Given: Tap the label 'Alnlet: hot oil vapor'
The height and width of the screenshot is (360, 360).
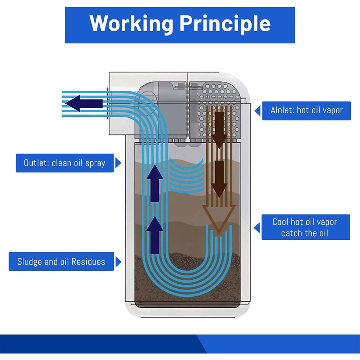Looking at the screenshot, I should tap(306, 111).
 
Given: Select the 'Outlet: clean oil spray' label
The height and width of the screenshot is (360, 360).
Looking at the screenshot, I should tap(64, 163).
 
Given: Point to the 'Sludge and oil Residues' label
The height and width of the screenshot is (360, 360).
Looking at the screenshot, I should tap(61, 261).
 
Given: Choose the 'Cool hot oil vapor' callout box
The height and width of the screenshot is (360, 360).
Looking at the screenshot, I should tap(305, 227).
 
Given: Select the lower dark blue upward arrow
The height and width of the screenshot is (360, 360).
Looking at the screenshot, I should tap(155, 230).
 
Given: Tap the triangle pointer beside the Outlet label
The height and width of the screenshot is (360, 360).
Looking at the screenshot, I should tap(117, 163).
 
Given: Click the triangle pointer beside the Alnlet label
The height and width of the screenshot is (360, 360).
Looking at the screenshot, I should tap(257, 111).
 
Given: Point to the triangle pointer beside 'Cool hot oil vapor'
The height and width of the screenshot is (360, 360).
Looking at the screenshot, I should tap(257, 228).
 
